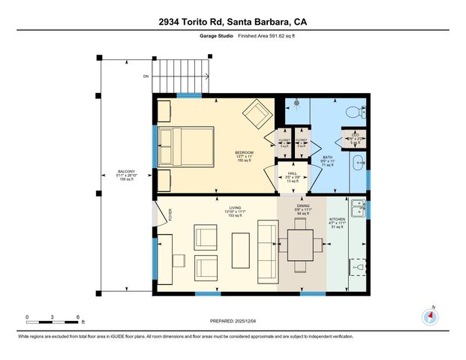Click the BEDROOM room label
coord(244,152)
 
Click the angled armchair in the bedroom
coord(257,113)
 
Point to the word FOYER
coord(170,217)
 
